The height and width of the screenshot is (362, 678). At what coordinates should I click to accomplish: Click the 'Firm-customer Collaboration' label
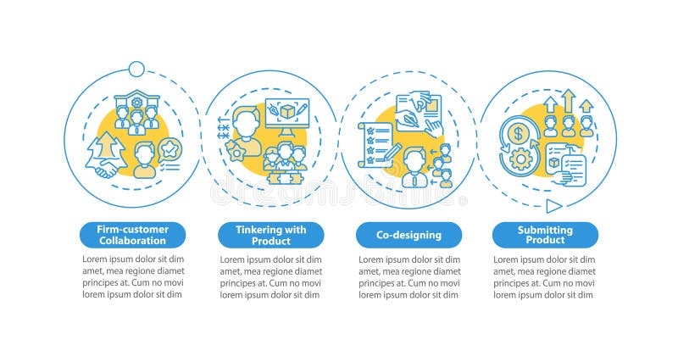[134, 235]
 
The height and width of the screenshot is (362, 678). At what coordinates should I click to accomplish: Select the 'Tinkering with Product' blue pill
[271, 235]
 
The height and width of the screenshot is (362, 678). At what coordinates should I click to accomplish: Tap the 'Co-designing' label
[408, 235]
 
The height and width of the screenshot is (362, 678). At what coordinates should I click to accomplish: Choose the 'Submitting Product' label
[545, 235]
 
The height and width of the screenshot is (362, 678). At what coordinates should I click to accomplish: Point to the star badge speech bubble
[172, 150]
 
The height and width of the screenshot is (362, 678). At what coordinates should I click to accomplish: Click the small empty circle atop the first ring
[135, 67]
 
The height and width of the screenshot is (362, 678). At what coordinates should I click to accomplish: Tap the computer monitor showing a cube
[286, 116]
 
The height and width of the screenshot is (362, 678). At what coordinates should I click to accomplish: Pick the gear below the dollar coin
[518, 159]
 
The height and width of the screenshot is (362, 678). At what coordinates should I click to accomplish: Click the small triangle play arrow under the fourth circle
[552, 205]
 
